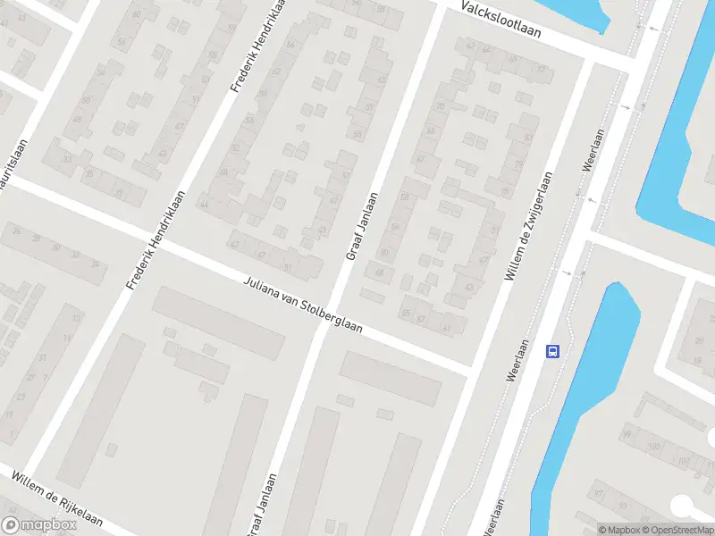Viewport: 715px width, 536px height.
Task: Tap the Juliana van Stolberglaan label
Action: pyautogui.click(x=303, y=305)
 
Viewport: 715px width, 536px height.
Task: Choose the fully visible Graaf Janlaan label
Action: pyautogui.click(x=361, y=227)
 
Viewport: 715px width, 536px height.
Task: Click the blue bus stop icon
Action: pyautogui.click(x=553, y=351)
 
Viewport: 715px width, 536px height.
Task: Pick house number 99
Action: pyautogui.click(x=627, y=434)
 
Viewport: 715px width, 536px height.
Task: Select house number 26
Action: pyautogui.click(x=29, y=357)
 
